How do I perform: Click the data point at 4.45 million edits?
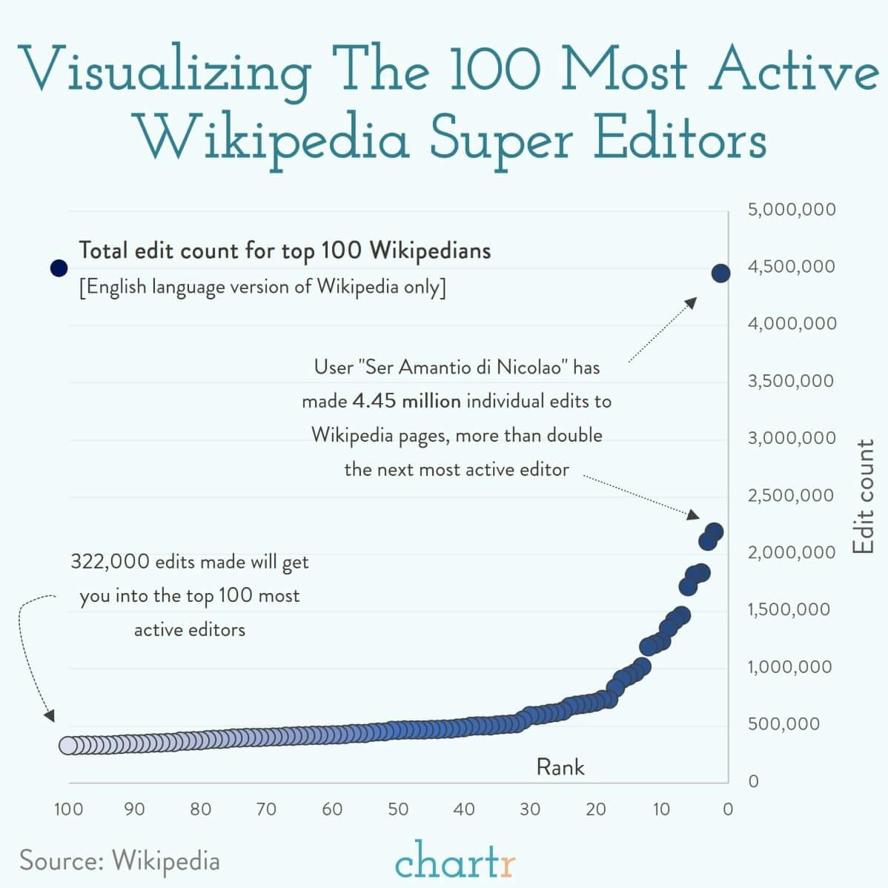tap(720, 273)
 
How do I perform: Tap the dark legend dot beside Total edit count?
tap(59, 268)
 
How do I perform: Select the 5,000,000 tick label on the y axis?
tap(792, 209)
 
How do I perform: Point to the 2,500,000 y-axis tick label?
tap(792, 495)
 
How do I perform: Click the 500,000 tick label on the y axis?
tap(784, 723)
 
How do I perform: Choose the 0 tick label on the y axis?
tap(754, 781)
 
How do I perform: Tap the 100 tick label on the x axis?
tap(68, 809)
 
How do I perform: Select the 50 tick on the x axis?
tap(398, 809)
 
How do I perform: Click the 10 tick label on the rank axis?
tap(661, 809)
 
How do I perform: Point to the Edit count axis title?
tap(864, 497)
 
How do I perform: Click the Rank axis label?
tap(560, 767)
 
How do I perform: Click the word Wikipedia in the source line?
tap(166, 861)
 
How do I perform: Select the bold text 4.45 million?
tap(406, 401)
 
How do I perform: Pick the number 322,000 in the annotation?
tap(110, 562)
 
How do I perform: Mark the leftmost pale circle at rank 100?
tap(69, 745)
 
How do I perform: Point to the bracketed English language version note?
tap(262, 287)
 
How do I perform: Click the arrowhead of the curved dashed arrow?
tap(50, 716)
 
